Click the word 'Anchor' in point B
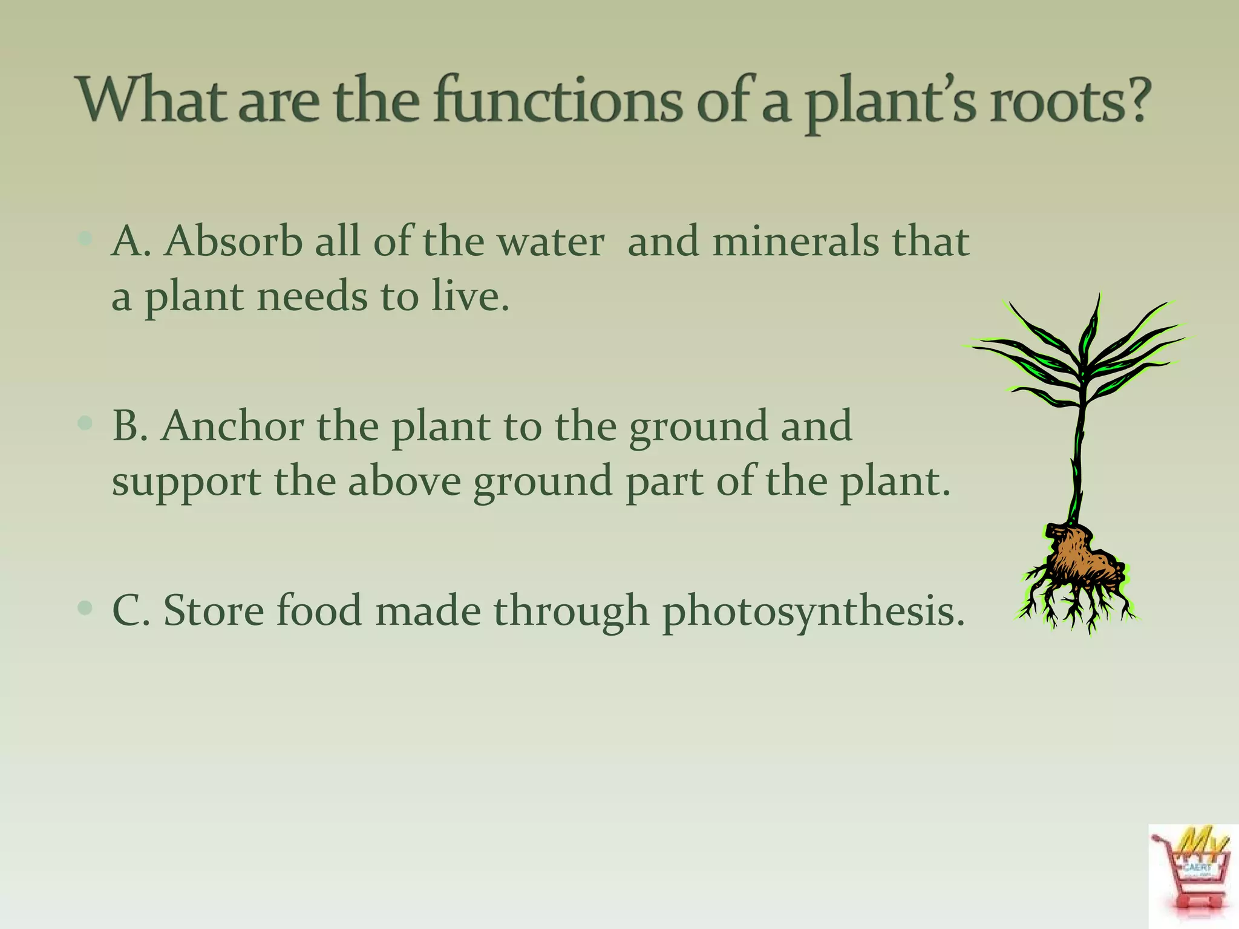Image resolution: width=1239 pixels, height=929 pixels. pos(233,427)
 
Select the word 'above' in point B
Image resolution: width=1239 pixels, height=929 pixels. pos(404,481)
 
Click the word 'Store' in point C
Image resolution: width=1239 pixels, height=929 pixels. pos(214,610)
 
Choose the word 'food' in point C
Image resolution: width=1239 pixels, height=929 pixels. pos(319,610)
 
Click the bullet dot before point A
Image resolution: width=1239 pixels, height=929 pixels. pos(85,239)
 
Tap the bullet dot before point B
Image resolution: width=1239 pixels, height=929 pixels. pos(85,423)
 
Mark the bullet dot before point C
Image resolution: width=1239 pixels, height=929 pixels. pos(85,607)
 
